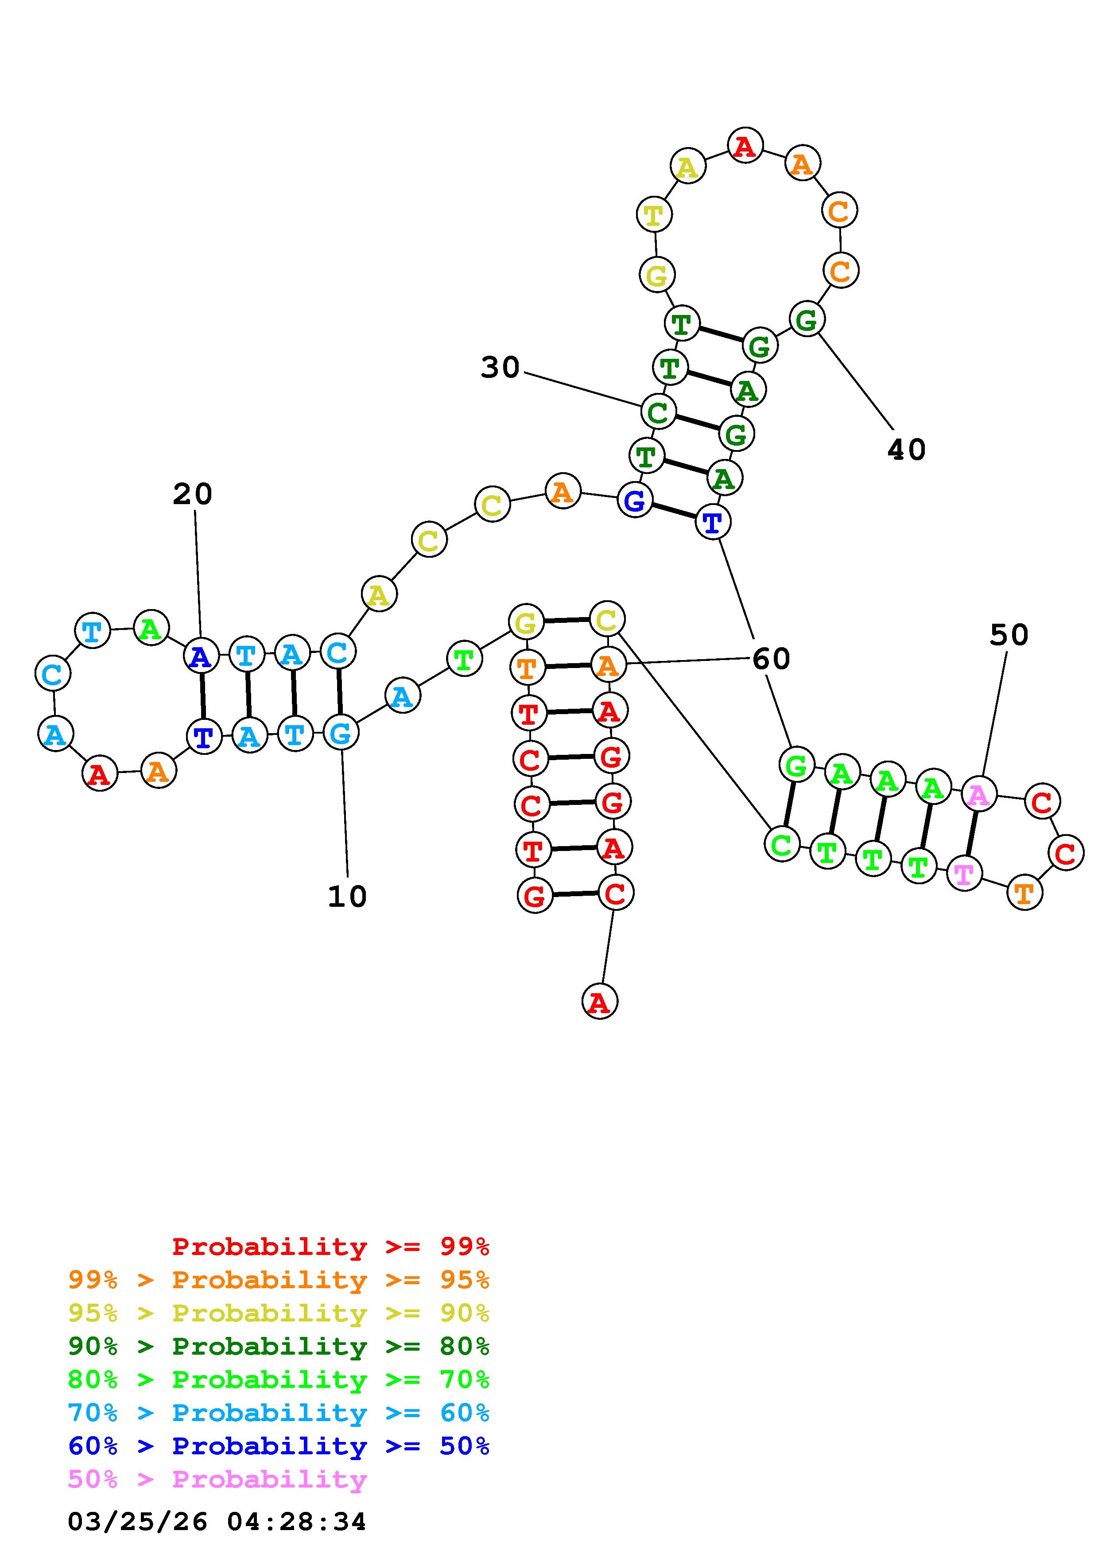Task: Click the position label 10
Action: point(347,896)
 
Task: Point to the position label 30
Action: point(500,368)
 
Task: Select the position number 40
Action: point(906,450)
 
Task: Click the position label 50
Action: point(1008,635)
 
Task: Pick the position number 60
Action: point(771,659)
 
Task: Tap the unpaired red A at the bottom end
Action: point(599,1001)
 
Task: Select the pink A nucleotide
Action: point(978,795)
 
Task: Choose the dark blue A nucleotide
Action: point(201,656)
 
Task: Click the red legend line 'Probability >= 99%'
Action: point(330,1247)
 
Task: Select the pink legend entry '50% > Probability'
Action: point(217,1480)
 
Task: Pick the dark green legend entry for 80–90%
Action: point(279,1346)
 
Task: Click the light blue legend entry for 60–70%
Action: point(279,1413)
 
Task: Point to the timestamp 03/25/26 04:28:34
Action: point(217,1522)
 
